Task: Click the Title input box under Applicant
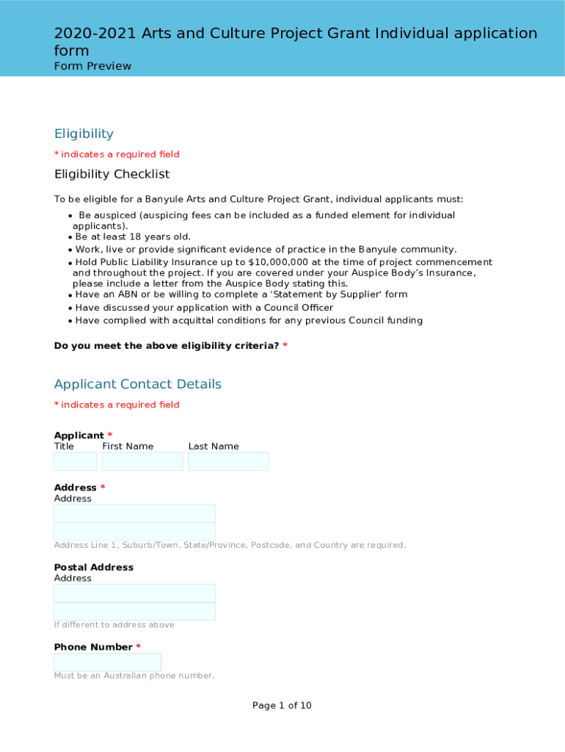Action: click(x=75, y=461)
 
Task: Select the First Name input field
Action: click(x=142, y=461)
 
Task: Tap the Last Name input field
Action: click(x=228, y=461)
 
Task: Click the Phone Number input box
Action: click(x=107, y=662)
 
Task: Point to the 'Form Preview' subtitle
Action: click(x=92, y=66)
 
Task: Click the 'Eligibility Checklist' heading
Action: click(x=112, y=174)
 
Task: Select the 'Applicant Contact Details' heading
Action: click(x=137, y=384)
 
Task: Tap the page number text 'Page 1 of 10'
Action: click(x=282, y=706)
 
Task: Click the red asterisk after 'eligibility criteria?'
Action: click(x=285, y=346)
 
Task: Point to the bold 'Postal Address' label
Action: click(x=93, y=567)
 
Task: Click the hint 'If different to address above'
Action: click(x=114, y=625)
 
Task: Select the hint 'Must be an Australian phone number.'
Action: click(x=134, y=676)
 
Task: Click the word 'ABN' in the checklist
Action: click(x=128, y=294)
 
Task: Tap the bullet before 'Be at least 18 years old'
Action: click(x=70, y=237)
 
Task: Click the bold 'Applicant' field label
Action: click(x=79, y=435)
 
